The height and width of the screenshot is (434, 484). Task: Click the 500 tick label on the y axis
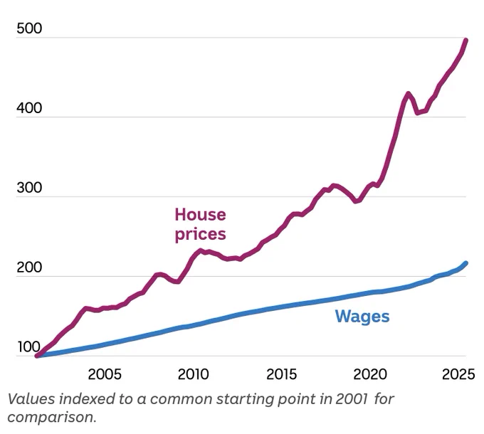(29, 28)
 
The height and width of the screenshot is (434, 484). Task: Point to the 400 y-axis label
(29, 108)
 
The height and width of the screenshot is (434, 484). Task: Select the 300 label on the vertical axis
(29, 188)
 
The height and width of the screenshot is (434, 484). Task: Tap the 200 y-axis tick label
(29, 267)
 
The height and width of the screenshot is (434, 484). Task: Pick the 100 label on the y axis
(29, 347)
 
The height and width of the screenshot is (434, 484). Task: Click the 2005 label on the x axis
(105, 374)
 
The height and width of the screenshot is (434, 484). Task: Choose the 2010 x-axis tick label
(193, 374)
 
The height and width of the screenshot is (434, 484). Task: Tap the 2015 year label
(282, 374)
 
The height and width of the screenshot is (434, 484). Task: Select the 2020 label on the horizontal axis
(370, 374)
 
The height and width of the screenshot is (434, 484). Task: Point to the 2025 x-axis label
(458, 374)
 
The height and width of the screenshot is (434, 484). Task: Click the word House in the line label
(200, 215)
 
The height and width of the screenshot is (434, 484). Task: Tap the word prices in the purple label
(200, 234)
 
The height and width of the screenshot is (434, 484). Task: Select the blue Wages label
(362, 317)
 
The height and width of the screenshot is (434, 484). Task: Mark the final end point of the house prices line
(465, 40)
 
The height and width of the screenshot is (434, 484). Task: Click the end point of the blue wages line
(465, 263)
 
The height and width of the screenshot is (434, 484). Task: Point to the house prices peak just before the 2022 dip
(408, 93)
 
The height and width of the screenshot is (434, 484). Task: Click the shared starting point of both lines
(37, 356)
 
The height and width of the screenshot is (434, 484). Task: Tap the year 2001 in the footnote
(352, 399)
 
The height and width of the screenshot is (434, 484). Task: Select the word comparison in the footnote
(52, 418)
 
